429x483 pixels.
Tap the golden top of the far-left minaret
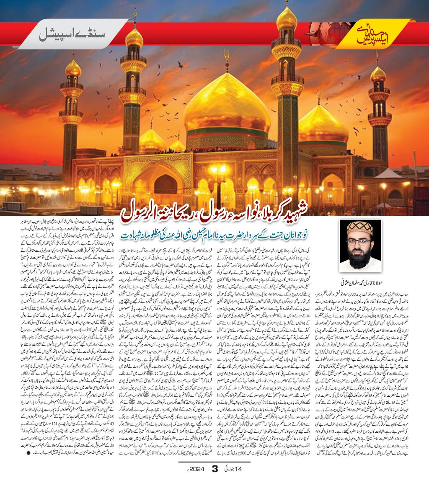(x=73, y=68)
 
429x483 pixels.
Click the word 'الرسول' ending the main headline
(x=143, y=212)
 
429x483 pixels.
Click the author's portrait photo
(x=360, y=245)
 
